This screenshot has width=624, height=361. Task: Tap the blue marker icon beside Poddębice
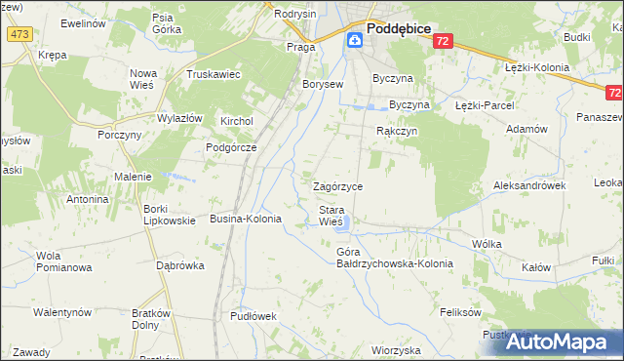pos(355,40)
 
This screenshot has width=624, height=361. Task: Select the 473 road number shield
pos(19,33)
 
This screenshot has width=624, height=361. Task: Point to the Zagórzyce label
pos(337,186)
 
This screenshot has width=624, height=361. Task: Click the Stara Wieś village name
pos(331,216)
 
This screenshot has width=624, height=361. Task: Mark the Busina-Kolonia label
pos(246,220)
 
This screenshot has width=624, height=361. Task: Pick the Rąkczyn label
pos(397,130)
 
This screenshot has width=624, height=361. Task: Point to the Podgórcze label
pos(230,147)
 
